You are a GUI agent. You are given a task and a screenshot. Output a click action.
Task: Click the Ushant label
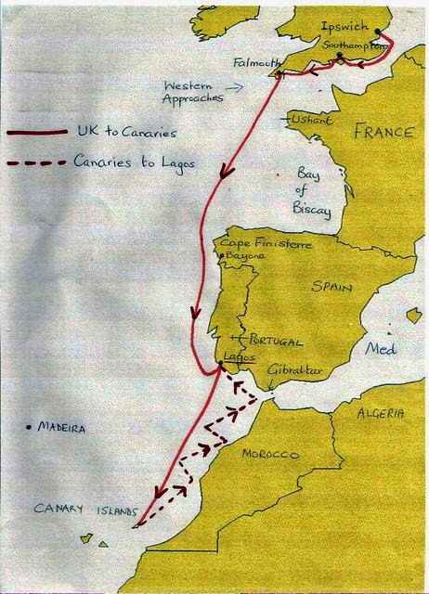pyautogui.click(x=313, y=120)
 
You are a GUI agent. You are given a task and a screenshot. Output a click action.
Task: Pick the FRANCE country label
pyautogui.click(x=383, y=132)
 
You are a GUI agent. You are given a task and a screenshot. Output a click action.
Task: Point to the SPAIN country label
pyautogui.click(x=331, y=288)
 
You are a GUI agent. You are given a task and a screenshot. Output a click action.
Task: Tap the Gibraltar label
pyautogui.click(x=293, y=370)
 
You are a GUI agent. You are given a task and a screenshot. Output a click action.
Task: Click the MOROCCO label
pyautogui.click(x=269, y=455)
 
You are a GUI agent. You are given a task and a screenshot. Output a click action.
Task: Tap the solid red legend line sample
pyautogui.click(x=37, y=135)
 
